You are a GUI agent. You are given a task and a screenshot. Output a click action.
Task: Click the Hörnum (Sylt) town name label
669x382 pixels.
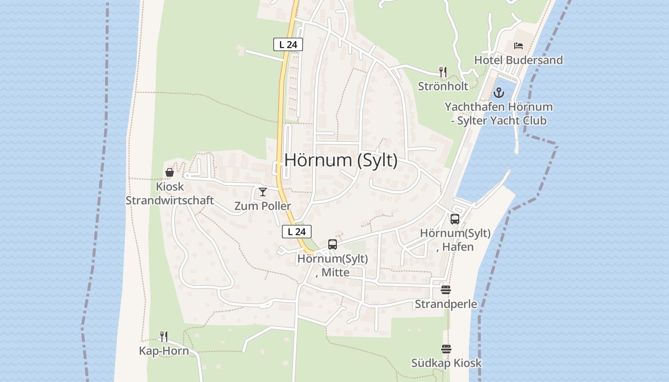[341, 160]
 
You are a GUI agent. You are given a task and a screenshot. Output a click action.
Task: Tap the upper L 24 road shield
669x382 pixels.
[288, 44]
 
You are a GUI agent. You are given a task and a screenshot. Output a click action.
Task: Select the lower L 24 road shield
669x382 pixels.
[297, 232]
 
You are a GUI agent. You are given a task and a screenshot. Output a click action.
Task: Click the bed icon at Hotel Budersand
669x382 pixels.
[518, 46]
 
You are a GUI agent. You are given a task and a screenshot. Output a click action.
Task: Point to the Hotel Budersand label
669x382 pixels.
[518, 60]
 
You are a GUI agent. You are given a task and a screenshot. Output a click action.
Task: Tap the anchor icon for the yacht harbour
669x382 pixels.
[499, 93]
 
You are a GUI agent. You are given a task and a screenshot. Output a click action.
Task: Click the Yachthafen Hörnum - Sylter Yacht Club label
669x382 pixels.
[499, 114]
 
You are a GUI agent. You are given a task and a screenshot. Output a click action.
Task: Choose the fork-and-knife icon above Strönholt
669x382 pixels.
[443, 72]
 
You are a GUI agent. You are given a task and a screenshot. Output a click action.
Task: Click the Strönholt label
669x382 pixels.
[443, 86]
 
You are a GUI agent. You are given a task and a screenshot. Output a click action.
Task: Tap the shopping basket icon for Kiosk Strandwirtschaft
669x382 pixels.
[170, 172]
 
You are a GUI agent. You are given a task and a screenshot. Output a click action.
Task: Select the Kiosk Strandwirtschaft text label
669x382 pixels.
[170, 193]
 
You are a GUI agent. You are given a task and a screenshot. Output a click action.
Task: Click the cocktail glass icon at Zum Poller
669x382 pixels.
[263, 192]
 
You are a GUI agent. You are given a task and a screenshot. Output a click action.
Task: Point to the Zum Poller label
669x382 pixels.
[263, 206]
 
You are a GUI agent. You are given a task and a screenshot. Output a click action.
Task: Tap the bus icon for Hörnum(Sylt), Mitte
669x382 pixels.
[333, 244]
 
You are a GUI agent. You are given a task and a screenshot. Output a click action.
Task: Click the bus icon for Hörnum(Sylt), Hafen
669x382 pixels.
[455, 219]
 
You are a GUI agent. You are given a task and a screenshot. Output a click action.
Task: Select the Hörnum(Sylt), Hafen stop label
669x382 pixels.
[455, 240]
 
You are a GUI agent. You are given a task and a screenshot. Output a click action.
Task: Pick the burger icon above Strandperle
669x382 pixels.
[446, 290]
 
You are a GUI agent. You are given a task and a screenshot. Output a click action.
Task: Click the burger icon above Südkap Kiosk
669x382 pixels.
[446, 349]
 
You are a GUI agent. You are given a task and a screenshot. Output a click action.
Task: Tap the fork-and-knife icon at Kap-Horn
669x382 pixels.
[164, 337]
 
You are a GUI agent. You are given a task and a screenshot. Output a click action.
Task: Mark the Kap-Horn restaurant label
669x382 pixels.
[164, 351]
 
